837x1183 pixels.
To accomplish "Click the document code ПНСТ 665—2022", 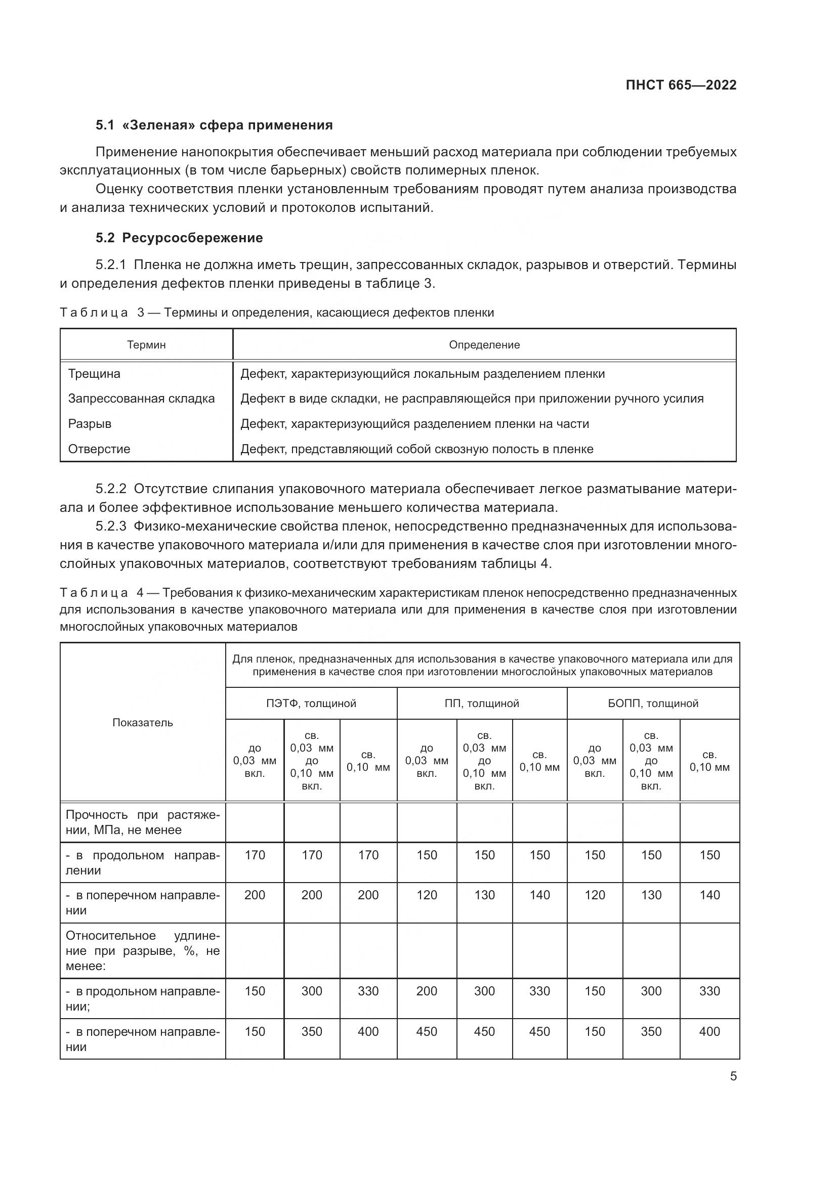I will click(x=681, y=85).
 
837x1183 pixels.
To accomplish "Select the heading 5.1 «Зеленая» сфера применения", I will click(x=214, y=125).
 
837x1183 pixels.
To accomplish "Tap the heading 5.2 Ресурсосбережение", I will click(x=179, y=238).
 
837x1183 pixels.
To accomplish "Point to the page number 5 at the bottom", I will click(x=733, y=1076).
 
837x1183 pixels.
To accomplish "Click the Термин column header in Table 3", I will click(x=146, y=345).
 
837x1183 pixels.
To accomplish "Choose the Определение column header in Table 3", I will click(x=484, y=345).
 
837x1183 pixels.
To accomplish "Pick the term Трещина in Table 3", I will click(x=94, y=374).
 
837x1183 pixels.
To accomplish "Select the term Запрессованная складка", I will click(x=141, y=398).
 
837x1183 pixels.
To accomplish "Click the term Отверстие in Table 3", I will click(x=99, y=449).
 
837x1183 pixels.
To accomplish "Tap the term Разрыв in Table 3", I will click(x=90, y=423).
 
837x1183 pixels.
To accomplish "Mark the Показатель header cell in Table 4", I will click(x=143, y=722).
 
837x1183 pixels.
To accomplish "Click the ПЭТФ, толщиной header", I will click(x=311, y=704).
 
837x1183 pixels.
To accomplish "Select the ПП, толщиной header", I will click(x=482, y=704).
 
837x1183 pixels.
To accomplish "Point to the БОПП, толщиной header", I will click(x=653, y=704).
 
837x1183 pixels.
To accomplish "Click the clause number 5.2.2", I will click(x=111, y=489).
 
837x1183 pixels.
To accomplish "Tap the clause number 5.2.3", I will click(x=111, y=526).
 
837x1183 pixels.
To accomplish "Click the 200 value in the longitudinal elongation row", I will click(x=426, y=991).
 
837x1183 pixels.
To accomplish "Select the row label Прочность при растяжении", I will click(x=143, y=822).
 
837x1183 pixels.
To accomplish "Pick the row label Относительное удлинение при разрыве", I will click(x=143, y=951).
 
